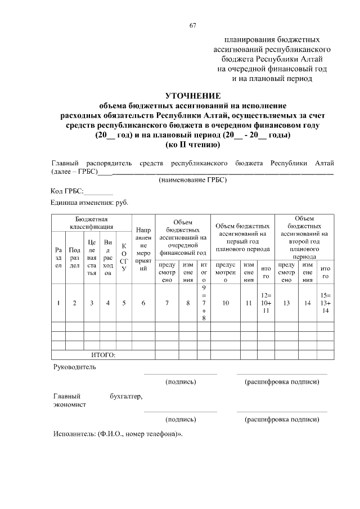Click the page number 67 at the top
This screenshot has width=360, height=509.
tap(192, 25)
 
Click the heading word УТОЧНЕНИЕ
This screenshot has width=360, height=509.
tap(192, 96)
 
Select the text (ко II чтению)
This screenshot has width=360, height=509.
tap(192, 145)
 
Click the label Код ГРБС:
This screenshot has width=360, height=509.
tap(67, 192)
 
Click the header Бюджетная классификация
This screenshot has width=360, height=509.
tap(92, 222)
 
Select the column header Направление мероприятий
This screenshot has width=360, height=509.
tap(143, 249)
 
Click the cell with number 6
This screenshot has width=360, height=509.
tap(143, 303)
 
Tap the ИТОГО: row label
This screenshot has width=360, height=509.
tap(103, 354)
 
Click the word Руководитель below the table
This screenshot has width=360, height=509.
tap(74, 367)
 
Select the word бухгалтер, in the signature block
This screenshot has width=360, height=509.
tap(126, 396)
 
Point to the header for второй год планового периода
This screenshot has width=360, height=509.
tap(305, 237)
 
